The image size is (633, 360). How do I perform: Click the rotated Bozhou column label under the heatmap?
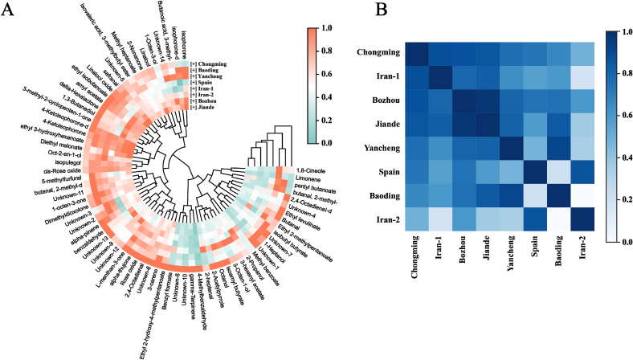[461, 264]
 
